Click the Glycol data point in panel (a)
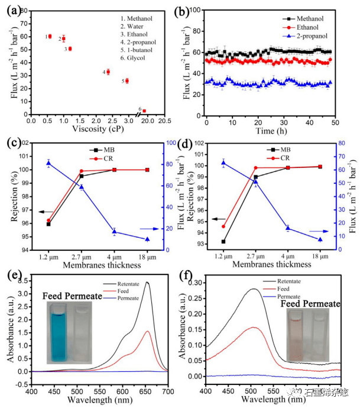(x=144, y=111)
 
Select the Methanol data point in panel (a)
(x=50, y=37)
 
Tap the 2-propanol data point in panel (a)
(x=108, y=72)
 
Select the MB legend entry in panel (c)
(x=102, y=150)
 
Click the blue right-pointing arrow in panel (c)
(x=145, y=228)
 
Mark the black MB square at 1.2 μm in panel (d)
(x=223, y=241)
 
